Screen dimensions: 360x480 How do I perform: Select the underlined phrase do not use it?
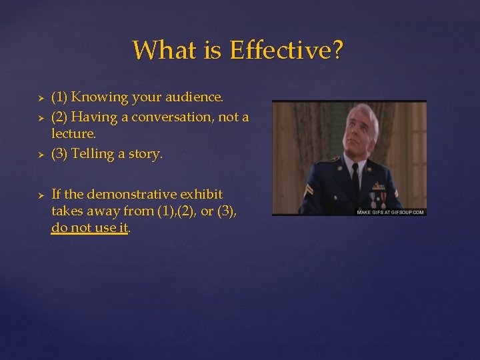click(90, 228)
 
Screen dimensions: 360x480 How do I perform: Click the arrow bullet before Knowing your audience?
click(41, 98)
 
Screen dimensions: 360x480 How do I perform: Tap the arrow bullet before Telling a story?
click(41, 155)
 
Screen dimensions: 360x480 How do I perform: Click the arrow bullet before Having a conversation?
click(41, 118)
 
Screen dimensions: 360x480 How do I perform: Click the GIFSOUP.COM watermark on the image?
click(391, 212)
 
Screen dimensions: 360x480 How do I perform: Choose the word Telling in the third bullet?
click(93, 154)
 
